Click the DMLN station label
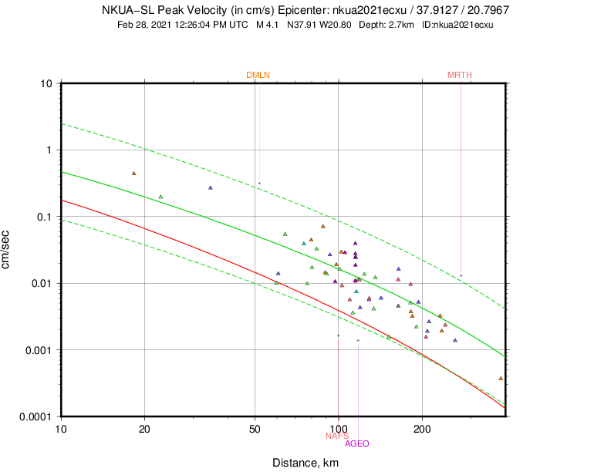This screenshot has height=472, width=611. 258,75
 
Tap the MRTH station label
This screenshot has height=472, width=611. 459,75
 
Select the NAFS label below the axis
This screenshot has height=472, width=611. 337,436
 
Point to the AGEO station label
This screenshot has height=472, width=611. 356,443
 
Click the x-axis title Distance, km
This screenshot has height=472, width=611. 305,463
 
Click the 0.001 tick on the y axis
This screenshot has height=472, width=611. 40,350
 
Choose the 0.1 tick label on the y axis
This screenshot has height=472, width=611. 45,217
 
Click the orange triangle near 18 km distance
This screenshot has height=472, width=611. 133,174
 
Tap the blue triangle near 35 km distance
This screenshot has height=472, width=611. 210,187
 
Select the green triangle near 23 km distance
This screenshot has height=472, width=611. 160,197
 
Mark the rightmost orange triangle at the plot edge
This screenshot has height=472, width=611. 501,378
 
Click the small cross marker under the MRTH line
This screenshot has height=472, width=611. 461,275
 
